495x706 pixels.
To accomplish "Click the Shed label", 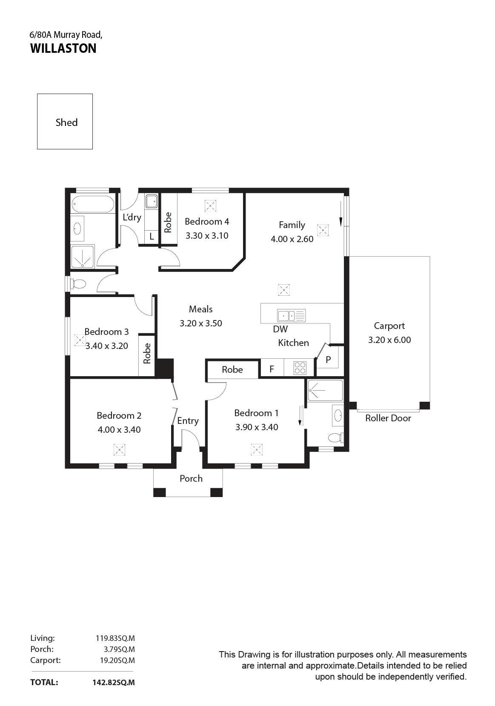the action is coord(66,122).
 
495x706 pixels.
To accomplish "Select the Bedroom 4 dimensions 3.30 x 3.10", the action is coord(207,235).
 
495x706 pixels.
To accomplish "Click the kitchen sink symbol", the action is coord(291,315).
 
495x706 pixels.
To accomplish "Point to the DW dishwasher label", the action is coord(280,329).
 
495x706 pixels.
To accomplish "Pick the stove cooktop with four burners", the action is coord(300,368).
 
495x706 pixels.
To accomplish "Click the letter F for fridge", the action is coord(272,369).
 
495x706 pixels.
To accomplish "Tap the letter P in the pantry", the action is coord(328,360).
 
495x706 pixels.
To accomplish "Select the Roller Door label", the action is coord(388,418).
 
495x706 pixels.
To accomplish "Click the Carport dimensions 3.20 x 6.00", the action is coord(389,340).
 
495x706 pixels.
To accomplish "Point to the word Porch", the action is coord(191,478).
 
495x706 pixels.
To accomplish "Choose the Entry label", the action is coord(188,421).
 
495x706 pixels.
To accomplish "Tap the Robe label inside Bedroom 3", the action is coord(147,354).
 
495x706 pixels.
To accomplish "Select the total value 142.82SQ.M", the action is coord(114,682).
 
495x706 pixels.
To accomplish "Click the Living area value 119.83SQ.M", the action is coord(115,638).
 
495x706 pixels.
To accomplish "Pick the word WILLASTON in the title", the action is coord(63,48).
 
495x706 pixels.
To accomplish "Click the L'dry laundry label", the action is coord(132,217).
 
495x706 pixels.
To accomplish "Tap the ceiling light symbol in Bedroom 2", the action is coord(119,449).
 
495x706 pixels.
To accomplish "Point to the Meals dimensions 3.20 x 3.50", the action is coord(201,323).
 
